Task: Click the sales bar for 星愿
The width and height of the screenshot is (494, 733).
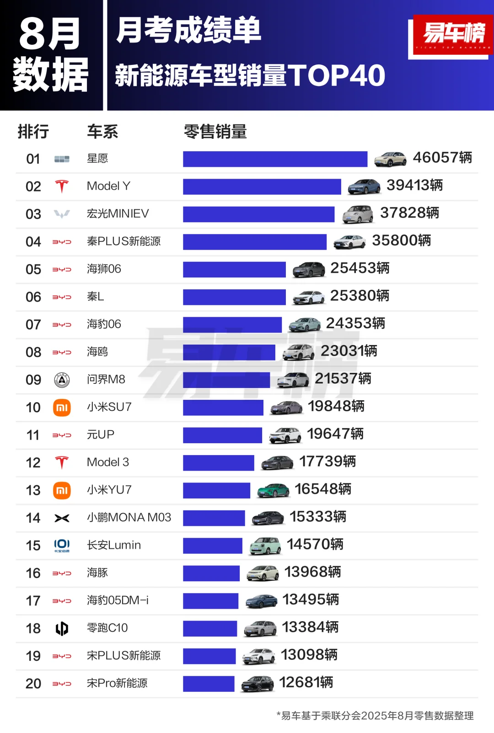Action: [275, 159]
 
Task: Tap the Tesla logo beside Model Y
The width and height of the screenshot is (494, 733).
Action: [62, 186]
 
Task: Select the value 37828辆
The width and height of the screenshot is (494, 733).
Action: [409, 213]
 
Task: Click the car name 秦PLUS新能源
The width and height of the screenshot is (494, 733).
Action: [123, 241]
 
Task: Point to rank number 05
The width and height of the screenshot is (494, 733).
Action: [33, 270]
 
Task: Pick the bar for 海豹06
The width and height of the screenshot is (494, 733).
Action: [232, 325]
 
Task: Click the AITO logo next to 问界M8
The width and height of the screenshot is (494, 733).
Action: [62, 380]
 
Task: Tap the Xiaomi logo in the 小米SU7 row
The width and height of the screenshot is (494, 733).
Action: [62, 408]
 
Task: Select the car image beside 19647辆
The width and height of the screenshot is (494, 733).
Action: [285, 435]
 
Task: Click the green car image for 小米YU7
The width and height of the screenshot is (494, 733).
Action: [273, 490]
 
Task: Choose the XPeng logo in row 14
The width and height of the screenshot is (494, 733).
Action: [62, 518]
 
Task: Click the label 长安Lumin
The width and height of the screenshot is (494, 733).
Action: [114, 545]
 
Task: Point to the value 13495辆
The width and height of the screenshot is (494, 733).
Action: [311, 600]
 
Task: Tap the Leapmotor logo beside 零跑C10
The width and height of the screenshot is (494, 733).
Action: [62, 629]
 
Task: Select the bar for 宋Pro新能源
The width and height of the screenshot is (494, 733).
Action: [209, 684]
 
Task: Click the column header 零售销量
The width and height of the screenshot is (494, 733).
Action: [215, 132]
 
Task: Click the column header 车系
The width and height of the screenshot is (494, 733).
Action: [102, 132]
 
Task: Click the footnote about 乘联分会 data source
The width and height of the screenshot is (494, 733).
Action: [375, 716]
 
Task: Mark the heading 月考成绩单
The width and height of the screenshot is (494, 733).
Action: [188, 31]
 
